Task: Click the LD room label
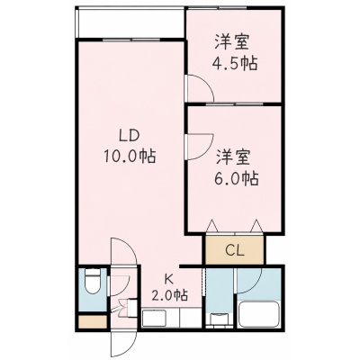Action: pyautogui.click(x=130, y=137)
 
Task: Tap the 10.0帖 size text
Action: pyautogui.click(x=130, y=156)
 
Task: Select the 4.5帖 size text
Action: pyautogui.click(x=235, y=63)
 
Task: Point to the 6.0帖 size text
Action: pyautogui.click(x=236, y=179)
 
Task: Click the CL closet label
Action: pyautogui.click(x=235, y=250)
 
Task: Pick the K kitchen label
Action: pyautogui.click(x=169, y=280)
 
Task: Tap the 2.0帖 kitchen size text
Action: pyautogui.click(x=169, y=295)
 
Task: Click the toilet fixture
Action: pyautogui.click(x=92, y=282)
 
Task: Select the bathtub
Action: pyautogui.click(x=259, y=313)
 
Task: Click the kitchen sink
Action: pyautogui.click(x=154, y=318)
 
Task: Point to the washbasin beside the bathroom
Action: pyautogui.click(x=218, y=319)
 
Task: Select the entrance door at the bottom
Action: pyautogui.click(x=123, y=344)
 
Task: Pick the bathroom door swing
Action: pyautogui.click(x=249, y=281)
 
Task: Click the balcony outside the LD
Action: pyautogui.click(x=130, y=23)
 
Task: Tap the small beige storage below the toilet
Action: pyautogui.click(x=93, y=321)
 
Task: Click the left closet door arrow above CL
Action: pyautogui.click(x=212, y=226)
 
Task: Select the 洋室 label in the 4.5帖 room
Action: pyautogui.click(x=231, y=43)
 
